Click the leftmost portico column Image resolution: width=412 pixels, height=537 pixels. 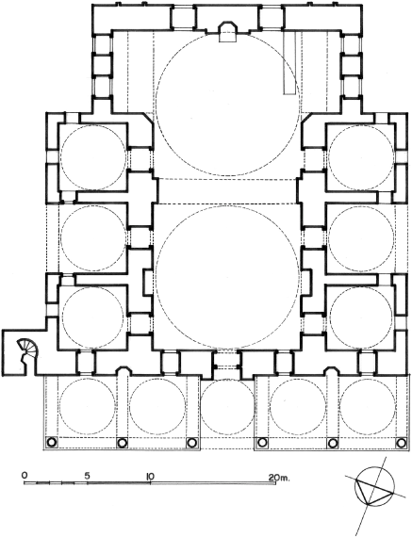point(51,443)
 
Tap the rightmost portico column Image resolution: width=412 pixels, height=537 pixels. point(400,443)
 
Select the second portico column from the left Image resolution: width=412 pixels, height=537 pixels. point(122,443)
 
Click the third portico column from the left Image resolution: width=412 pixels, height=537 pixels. point(191,443)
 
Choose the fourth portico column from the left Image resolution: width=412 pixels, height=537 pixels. point(262,443)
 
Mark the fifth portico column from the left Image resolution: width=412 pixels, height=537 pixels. point(332,443)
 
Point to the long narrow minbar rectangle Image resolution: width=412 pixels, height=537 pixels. point(289,62)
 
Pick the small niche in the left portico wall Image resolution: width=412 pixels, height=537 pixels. point(124,372)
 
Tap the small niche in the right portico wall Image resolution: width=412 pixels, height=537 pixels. point(331,372)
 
